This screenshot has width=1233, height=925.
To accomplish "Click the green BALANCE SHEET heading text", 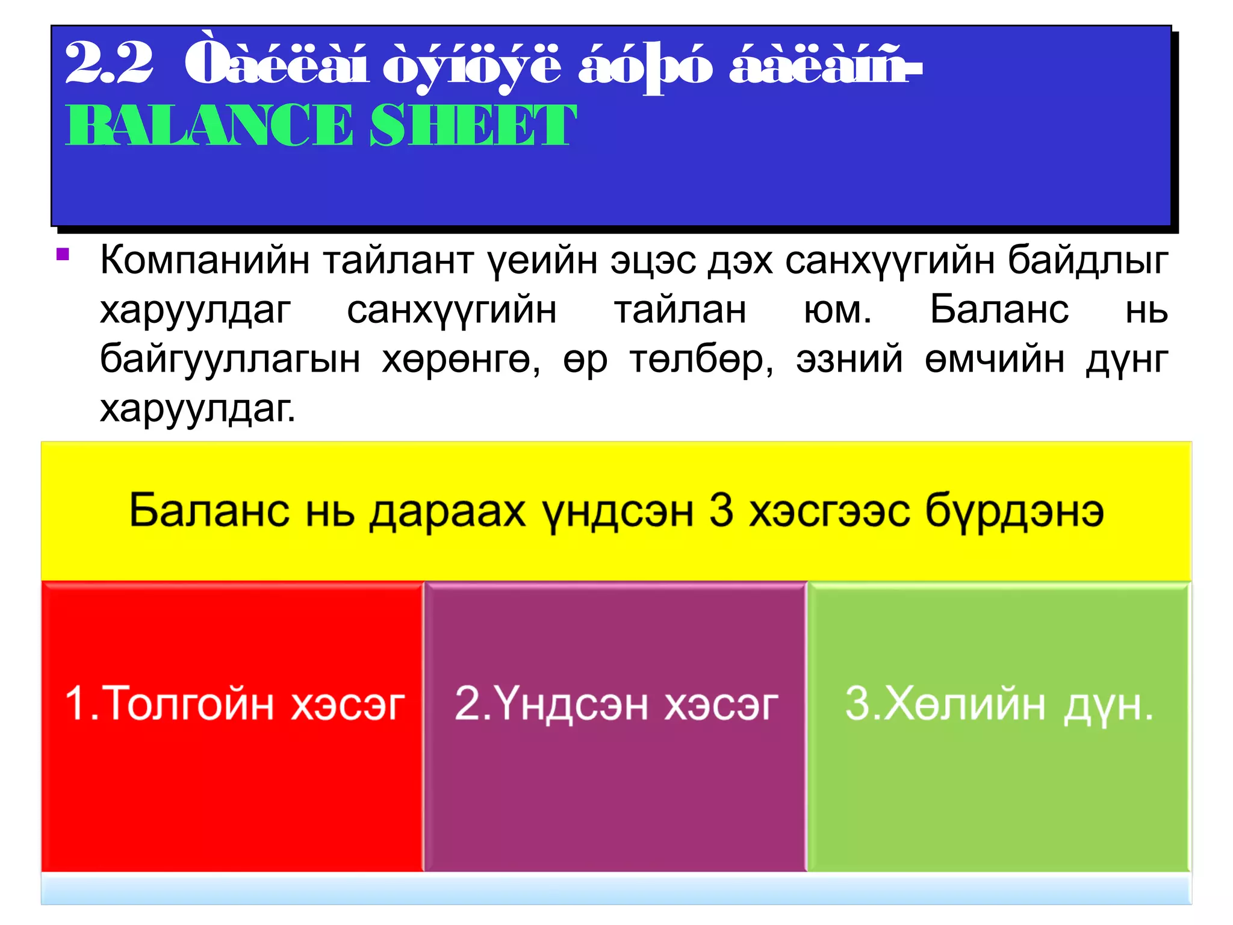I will tap(320, 125).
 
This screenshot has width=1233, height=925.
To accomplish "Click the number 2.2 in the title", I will tap(108, 63).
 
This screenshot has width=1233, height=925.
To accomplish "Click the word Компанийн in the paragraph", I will tap(205, 260).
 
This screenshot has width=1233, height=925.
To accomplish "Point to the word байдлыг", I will tap(1088, 260).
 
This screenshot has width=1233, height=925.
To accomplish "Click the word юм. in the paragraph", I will tap(837, 310).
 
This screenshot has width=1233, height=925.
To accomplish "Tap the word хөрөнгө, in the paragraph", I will tap(461, 360).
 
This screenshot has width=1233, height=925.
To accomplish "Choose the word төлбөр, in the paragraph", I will tap(701, 360).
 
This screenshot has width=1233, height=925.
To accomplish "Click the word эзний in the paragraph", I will tap(849, 360).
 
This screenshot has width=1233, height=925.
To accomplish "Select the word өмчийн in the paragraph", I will tap(995, 360).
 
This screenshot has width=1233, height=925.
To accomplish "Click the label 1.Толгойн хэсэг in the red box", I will tap(234, 703).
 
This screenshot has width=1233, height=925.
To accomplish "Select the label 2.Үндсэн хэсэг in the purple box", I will tap(616, 703).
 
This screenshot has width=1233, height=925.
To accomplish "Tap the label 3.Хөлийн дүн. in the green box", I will tap(999, 703).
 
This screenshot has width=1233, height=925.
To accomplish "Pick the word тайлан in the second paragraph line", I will tap(680, 310).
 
